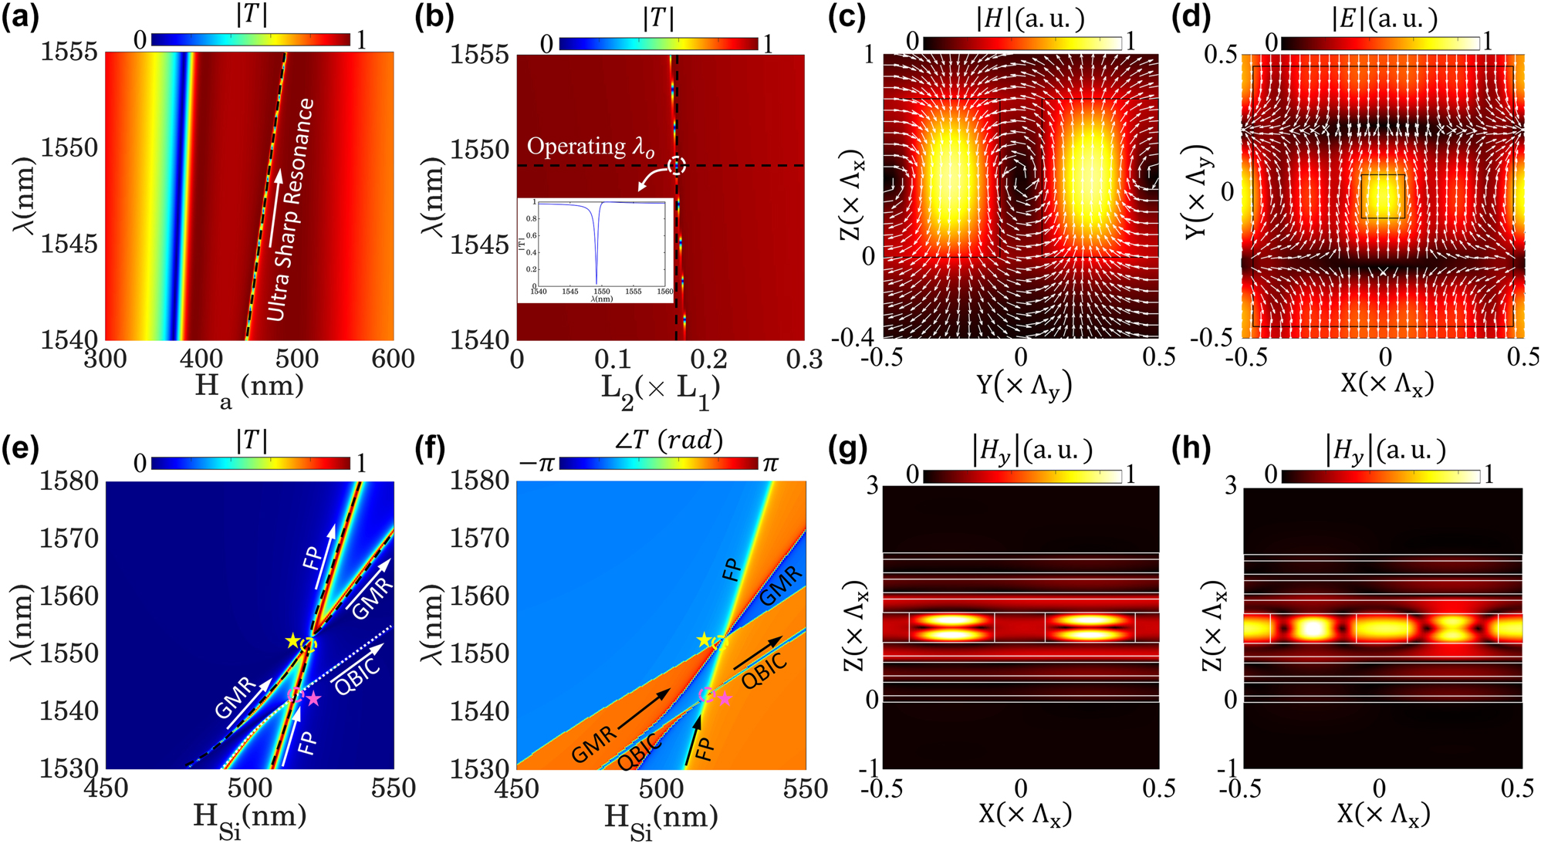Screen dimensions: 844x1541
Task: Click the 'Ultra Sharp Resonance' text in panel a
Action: (x=291, y=210)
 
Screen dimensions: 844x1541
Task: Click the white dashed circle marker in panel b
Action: (x=677, y=165)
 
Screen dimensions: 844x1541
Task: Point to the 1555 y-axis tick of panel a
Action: (x=69, y=52)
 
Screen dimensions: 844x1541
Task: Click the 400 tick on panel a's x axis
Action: (x=201, y=359)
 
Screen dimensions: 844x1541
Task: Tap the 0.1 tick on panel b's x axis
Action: (x=613, y=359)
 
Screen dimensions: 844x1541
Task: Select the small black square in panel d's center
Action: (x=1383, y=196)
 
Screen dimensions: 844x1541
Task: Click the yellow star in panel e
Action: (x=292, y=641)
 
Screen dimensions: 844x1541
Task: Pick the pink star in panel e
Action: (x=313, y=699)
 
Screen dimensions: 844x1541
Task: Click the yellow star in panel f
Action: (x=704, y=641)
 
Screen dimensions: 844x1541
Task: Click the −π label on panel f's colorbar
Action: (x=538, y=464)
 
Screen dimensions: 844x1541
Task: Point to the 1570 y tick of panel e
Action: (x=69, y=538)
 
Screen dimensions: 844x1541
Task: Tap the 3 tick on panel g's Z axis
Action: (x=872, y=487)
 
